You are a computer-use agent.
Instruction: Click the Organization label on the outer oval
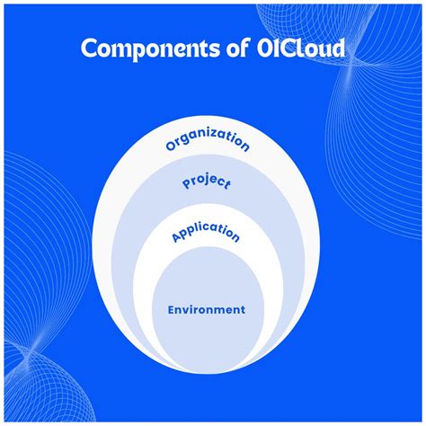pyautogui.click(x=208, y=141)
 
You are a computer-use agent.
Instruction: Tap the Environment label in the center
pyautogui.click(x=206, y=309)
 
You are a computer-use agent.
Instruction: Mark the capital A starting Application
pyautogui.click(x=174, y=238)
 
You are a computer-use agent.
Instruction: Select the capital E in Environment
pyautogui.click(x=171, y=309)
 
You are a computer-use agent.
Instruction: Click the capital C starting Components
pyautogui.click(x=90, y=49)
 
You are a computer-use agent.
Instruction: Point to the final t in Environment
pyautogui.click(x=242, y=309)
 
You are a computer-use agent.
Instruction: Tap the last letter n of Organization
pyautogui.click(x=245, y=146)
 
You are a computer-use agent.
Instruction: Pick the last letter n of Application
pyautogui.click(x=236, y=238)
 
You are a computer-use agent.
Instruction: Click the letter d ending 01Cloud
pyautogui.click(x=337, y=49)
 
